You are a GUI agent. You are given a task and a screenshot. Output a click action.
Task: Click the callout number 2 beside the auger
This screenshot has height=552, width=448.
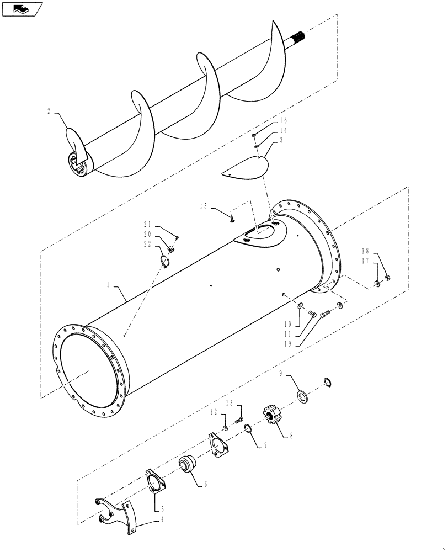[49, 111]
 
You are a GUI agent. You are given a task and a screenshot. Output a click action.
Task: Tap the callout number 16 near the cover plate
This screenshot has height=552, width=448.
[284, 120]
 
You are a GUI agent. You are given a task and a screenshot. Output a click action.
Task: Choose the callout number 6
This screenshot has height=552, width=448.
[205, 485]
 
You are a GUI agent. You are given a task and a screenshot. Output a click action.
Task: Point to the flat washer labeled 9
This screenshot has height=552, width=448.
[303, 397]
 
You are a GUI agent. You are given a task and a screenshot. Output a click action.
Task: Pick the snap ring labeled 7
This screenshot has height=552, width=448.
[248, 429]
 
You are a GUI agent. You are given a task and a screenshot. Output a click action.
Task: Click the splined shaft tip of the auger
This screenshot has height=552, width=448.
[306, 36]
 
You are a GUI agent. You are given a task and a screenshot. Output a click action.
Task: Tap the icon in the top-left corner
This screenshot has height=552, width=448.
[23, 9]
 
